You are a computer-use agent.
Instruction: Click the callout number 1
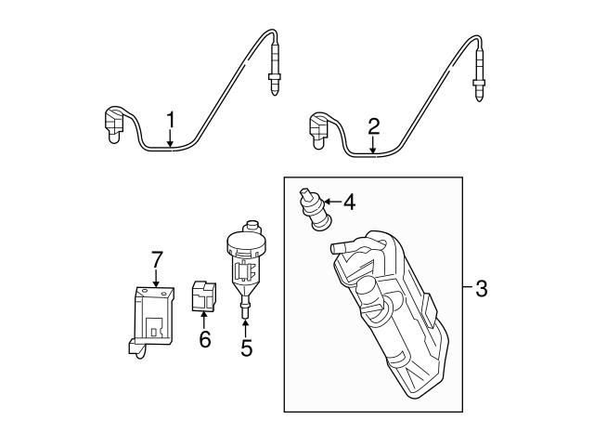171,120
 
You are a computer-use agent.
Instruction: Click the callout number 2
373,125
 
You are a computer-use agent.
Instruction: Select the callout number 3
481,289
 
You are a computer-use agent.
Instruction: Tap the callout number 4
349,202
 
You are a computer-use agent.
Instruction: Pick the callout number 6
205,339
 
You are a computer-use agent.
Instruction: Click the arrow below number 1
171,139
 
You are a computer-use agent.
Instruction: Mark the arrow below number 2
373,144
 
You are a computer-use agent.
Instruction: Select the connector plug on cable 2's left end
320,129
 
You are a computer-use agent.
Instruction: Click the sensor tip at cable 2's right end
479,78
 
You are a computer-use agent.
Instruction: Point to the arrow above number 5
246,325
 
